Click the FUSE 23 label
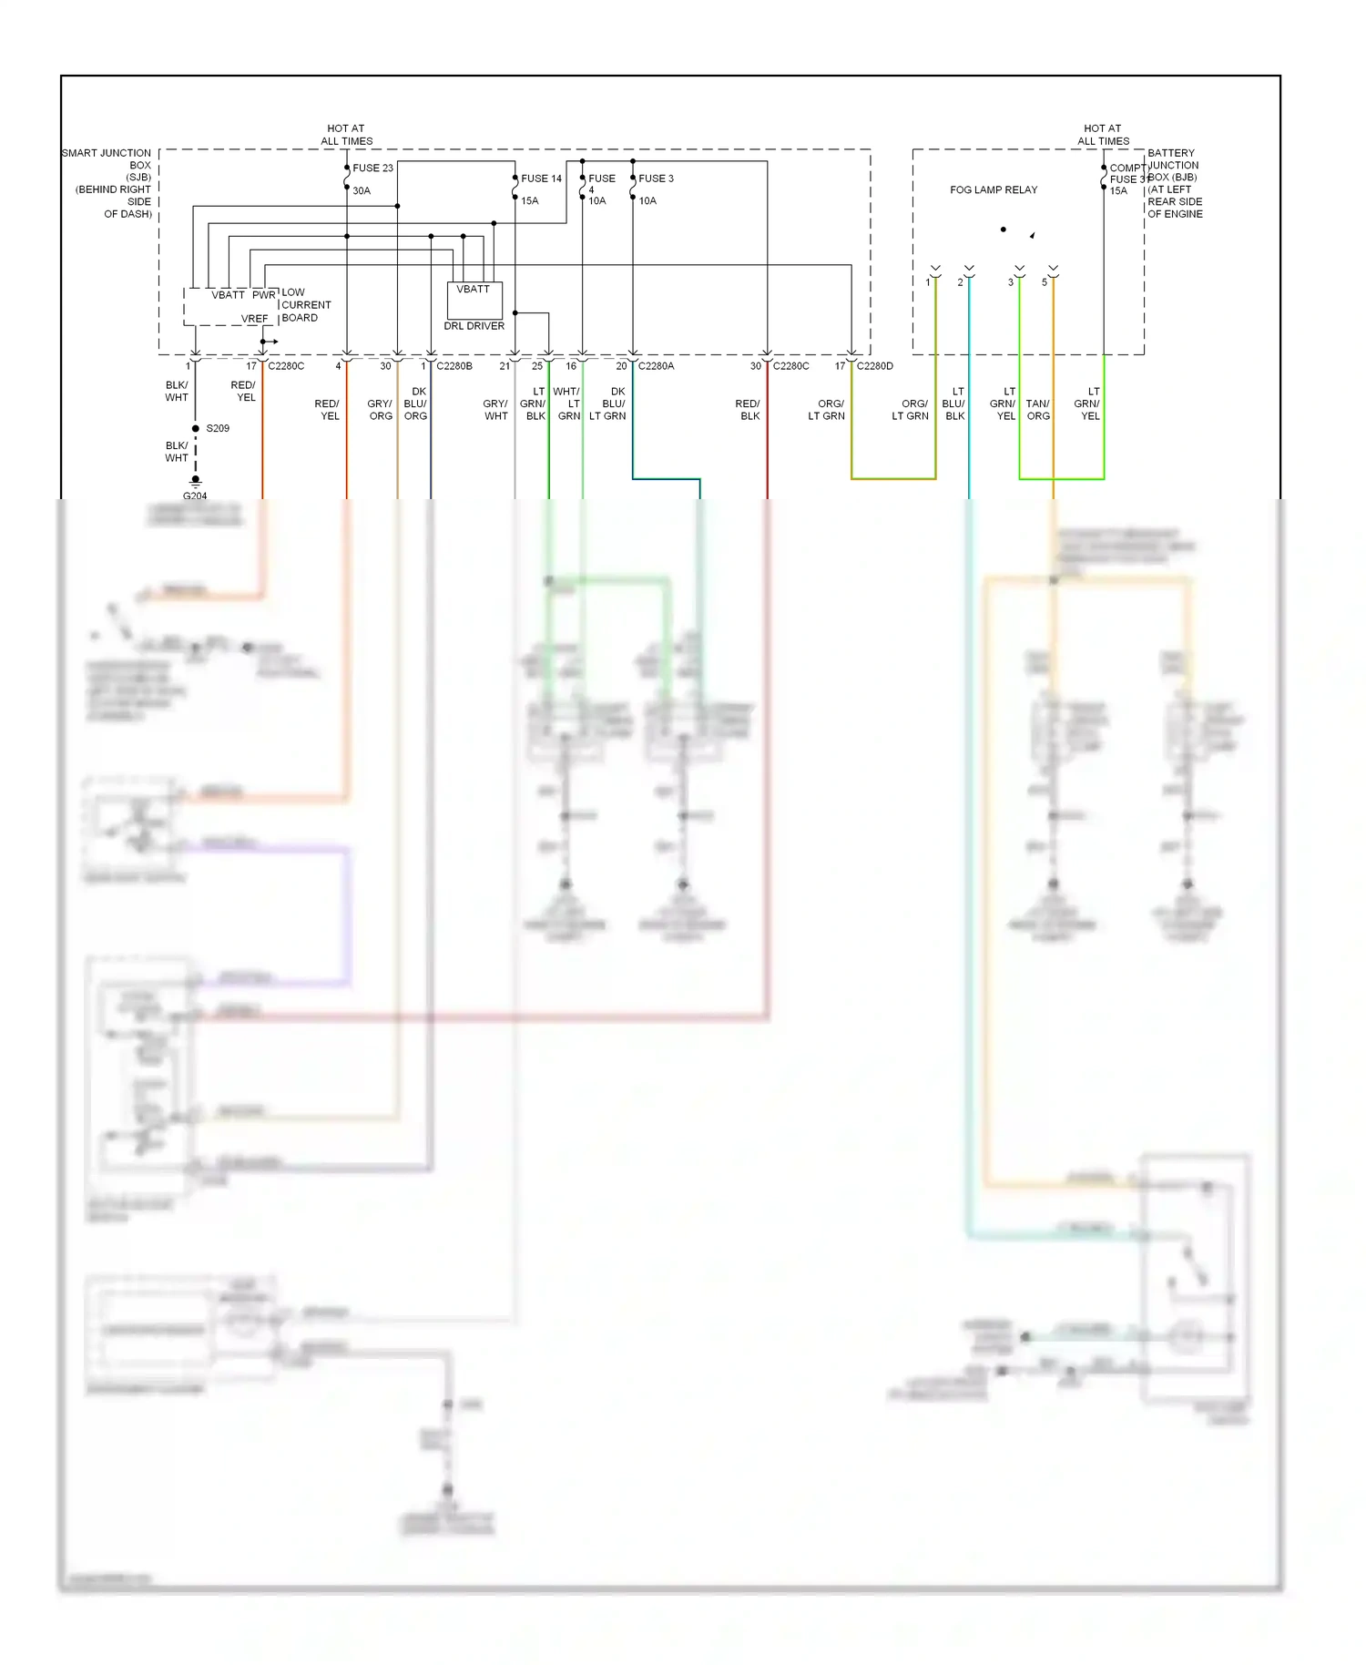tap(372, 168)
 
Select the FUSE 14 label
tap(541, 179)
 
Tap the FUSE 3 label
tap(656, 179)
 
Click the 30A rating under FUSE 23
tap(362, 191)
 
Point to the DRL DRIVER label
tap(474, 326)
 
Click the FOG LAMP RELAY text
tap(994, 189)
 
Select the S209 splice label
tap(218, 428)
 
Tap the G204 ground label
tap(195, 496)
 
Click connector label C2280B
tap(454, 366)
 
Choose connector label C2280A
tap(656, 366)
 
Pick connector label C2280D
tap(874, 366)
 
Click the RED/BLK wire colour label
tap(748, 410)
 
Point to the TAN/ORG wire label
tap(1038, 410)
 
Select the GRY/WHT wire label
tap(495, 410)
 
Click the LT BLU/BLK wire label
tap(953, 403)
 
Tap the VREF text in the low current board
tap(255, 319)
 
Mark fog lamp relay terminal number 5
tap(1045, 282)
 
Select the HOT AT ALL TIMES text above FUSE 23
tap(346, 135)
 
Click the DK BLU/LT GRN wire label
tap(608, 403)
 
